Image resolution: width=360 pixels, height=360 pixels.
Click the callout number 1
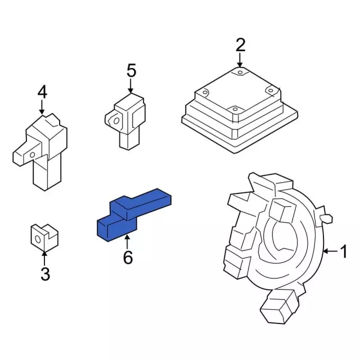pyautogui.click(x=343, y=251)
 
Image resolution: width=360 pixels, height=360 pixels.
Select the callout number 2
pyautogui.click(x=240, y=45)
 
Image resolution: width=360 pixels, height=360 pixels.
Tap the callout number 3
pyautogui.click(x=45, y=274)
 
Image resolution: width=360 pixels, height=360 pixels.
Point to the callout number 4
pyautogui.click(x=42, y=92)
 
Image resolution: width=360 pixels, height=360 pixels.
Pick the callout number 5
pyautogui.click(x=131, y=70)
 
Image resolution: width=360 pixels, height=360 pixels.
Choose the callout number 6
pyautogui.click(x=128, y=257)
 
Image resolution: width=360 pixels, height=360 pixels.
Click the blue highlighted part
pyautogui.click(x=134, y=215)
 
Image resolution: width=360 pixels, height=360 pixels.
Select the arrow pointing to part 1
pyautogui.click(x=330, y=251)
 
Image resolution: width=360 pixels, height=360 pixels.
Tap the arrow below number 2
pyautogui.click(x=240, y=60)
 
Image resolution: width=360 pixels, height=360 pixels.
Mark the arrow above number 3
pyautogui.click(x=44, y=259)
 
